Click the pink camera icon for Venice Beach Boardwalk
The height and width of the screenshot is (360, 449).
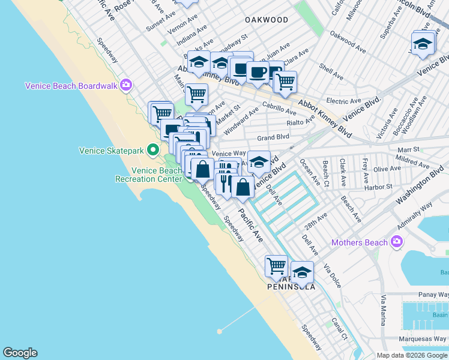[x=125, y=85]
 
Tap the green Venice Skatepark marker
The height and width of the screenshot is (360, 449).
[x=153, y=149]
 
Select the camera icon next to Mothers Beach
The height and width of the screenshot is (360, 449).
[x=396, y=242]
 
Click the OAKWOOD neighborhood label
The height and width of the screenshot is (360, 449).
[x=267, y=20]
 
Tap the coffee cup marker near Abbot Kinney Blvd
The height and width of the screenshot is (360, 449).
[x=258, y=73]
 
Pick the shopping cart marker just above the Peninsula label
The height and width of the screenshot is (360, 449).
[x=276, y=265]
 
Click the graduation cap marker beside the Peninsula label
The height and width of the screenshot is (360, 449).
[x=302, y=271]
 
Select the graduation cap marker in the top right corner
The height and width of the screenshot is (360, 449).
[x=423, y=44]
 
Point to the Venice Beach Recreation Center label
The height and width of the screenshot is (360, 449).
[x=148, y=175]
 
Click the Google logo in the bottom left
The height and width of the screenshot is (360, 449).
[x=20, y=353]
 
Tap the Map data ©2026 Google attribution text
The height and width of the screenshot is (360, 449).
[x=412, y=355]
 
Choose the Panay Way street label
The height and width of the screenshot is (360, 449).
[x=433, y=295]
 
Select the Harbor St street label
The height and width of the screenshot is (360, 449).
[x=378, y=187]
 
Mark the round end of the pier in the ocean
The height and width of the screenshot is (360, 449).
[x=220, y=331]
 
